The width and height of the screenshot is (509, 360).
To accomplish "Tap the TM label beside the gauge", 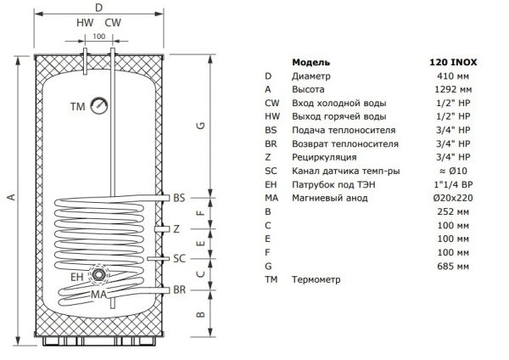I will (x=78, y=106).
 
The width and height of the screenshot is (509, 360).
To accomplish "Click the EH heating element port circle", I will (x=100, y=275).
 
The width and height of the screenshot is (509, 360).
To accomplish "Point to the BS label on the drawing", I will (x=178, y=198).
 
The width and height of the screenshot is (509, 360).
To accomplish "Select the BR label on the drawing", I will (x=179, y=290).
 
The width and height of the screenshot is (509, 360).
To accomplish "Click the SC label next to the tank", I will (x=179, y=258).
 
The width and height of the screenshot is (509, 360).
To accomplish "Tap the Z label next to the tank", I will (x=176, y=228).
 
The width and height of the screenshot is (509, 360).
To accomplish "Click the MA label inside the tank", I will (x=100, y=295).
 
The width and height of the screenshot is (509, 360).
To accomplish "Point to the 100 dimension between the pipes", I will (x=98, y=37).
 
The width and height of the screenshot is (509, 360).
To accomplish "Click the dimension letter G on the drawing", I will (x=200, y=126).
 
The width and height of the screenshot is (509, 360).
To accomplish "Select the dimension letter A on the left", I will (x=12, y=198).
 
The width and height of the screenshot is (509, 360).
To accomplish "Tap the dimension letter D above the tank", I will (x=98, y=8).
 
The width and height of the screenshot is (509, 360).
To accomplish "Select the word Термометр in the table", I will (x=317, y=279).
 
